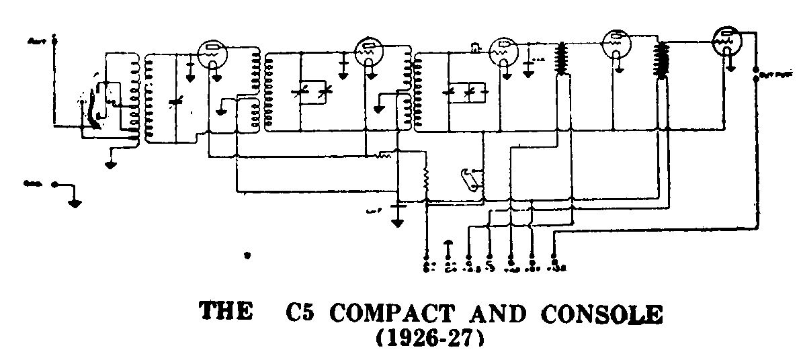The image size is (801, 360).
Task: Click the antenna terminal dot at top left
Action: pos(56,40)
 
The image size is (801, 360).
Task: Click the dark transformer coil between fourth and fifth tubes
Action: pos(663,60)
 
